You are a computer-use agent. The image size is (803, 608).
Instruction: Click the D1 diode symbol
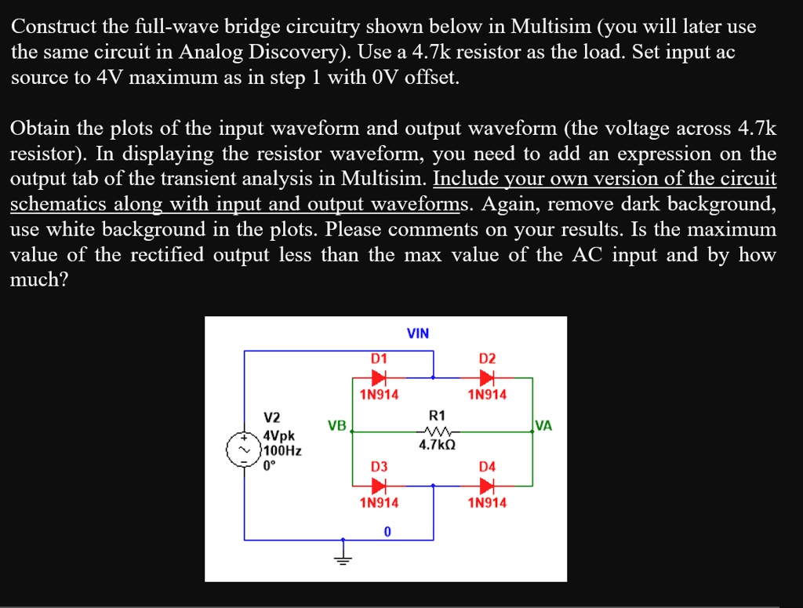[379, 377]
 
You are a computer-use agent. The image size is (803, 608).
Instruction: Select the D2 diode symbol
[487, 377]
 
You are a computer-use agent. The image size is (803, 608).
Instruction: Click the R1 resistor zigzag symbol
[436, 431]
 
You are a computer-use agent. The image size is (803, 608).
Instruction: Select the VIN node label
[418, 333]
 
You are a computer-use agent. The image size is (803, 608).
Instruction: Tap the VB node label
[336, 426]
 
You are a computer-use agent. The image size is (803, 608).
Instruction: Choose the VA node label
[543, 426]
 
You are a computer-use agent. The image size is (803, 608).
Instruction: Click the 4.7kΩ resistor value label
[437, 445]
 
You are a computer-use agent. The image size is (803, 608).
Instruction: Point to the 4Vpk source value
[279, 435]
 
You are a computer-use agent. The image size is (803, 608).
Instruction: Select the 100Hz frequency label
[282, 450]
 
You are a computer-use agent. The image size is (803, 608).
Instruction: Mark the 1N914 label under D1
[379, 395]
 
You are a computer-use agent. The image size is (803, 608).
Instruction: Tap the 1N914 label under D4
[487, 503]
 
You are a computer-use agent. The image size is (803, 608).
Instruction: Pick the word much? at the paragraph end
[39, 280]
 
